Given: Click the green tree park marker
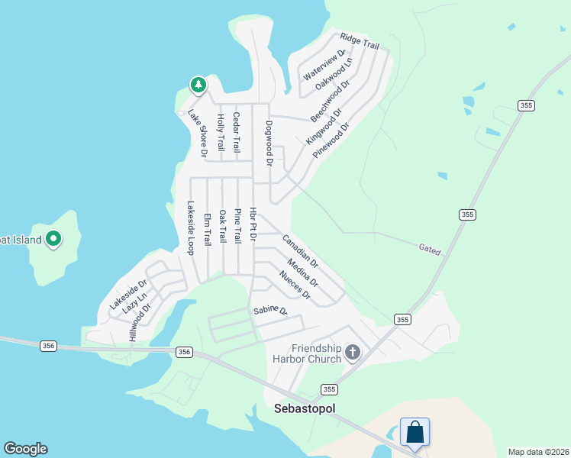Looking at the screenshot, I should click(x=198, y=85).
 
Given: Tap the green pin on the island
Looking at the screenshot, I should click(x=53, y=239).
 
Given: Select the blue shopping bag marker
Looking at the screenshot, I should click(x=415, y=432).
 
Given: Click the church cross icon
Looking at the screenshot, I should click(x=352, y=352).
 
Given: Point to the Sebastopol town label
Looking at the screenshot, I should click(x=305, y=408).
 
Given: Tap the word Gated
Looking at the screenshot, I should click(x=430, y=249).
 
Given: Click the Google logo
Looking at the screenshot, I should click(x=25, y=449).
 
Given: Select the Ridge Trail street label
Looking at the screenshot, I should click(x=360, y=41).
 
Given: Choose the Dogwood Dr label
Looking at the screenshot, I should click(x=269, y=143).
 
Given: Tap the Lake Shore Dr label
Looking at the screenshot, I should click(x=198, y=134).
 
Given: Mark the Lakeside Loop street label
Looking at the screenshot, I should click(x=191, y=227).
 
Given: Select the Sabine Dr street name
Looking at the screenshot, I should click(x=270, y=311).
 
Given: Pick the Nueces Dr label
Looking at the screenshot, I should click(x=295, y=285).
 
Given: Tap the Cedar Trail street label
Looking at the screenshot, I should click(x=237, y=131).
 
